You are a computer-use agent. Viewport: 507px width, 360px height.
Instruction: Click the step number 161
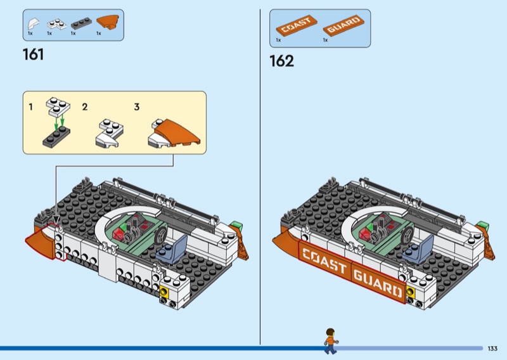point(33,55)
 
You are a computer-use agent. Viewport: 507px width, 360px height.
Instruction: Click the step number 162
point(281,61)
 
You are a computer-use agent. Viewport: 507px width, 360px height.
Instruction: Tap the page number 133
point(492,349)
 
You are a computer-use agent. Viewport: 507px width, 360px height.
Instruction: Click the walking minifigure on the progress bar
point(330,341)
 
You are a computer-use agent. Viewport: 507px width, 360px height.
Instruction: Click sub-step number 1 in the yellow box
point(30,107)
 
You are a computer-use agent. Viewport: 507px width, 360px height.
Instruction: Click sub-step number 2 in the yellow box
point(84,107)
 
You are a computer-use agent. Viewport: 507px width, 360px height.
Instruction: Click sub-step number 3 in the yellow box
point(136,107)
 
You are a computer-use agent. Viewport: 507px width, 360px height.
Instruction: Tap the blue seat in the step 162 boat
point(420,248)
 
